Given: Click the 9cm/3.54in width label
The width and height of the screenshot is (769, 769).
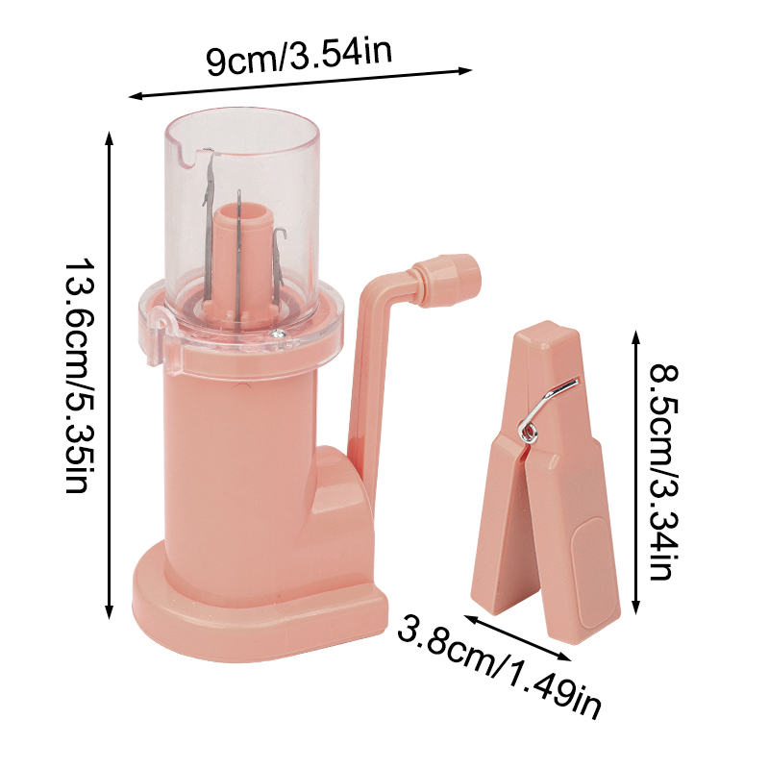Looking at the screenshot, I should pyautogui.click(x=299, y=58).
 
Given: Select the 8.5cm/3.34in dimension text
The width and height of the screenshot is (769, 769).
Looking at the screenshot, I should pyautogui.click(x=664, y=471).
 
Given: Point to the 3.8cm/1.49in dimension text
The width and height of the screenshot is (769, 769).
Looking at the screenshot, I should pyautogui.click(x=500, y=663).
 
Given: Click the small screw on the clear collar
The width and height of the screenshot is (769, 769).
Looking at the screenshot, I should pyautogui.click(x=276, y=333).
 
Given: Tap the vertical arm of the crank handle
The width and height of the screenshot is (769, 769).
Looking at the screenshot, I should pyautogui.click(x=359, y=384).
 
